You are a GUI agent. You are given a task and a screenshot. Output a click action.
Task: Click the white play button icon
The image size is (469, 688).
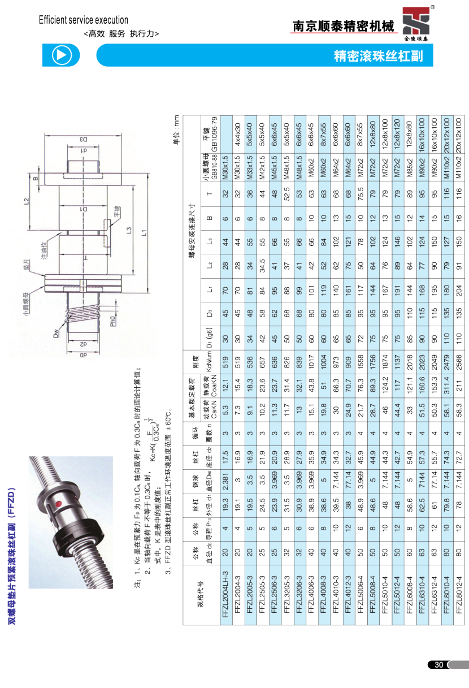62,55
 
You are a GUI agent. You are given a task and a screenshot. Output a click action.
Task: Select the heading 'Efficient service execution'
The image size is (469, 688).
83,20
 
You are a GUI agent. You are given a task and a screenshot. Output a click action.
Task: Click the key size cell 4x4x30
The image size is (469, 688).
237,135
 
